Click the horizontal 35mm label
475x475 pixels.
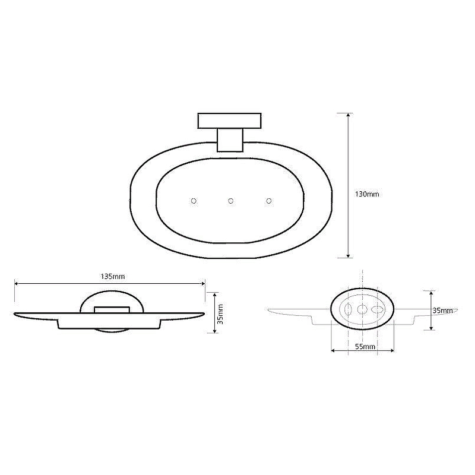pyautogui.click(x=442, y=311)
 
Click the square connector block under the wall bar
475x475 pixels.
pyautogui.click(x=231, y=141)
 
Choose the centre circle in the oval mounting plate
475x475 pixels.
pyautogui.click(x=362, y=309)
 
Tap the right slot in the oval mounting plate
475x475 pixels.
pyautogui.click(x=375, y=309)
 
